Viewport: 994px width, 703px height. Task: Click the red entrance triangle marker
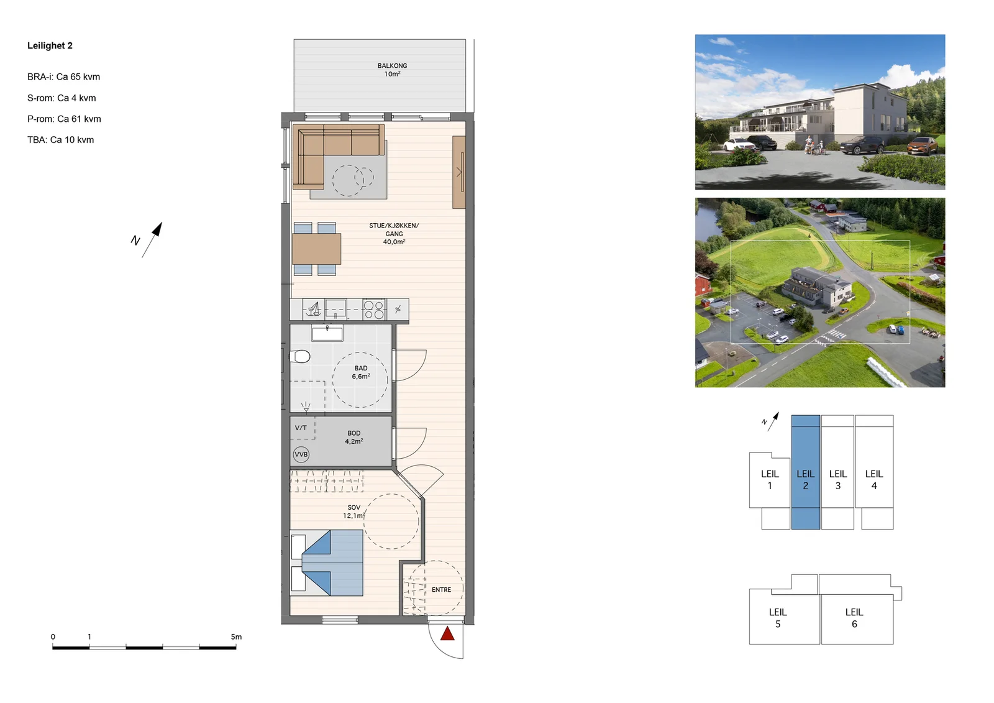(447, 634)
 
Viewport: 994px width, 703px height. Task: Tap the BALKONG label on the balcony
(392, 66)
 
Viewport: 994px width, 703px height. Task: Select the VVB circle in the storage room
(301, 454)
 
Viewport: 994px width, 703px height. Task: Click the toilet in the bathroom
(300, 356)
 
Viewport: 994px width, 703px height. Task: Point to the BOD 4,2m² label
(353, 437)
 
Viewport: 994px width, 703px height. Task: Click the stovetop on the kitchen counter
(374, 310)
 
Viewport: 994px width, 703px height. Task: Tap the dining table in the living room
(316, 249)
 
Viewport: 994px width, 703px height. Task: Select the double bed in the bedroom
(327, 563)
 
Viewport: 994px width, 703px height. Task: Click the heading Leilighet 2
(50, 46)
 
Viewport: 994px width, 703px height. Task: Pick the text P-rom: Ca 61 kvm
(64, 119)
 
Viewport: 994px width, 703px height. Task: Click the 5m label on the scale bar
(236, 637)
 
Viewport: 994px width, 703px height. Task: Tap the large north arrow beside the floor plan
(152, 240)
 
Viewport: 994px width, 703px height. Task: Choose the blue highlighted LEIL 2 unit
(805, 472)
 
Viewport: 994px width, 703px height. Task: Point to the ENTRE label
(441, 590)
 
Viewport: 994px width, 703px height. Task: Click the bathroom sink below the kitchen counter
(327, 334)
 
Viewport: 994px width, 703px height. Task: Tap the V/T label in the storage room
(301, 428)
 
